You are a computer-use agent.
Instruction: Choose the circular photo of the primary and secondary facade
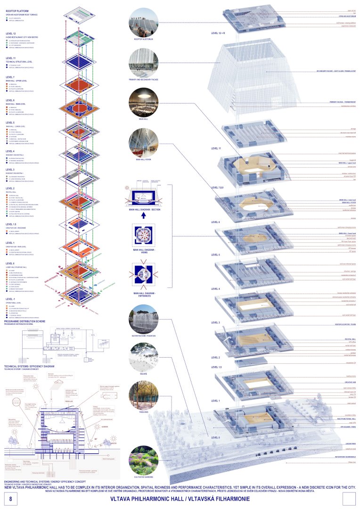(x=143, y=63)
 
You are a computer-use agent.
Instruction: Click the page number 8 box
(x=10, y=498)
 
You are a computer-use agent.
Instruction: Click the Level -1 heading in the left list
(x=10, y=299)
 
